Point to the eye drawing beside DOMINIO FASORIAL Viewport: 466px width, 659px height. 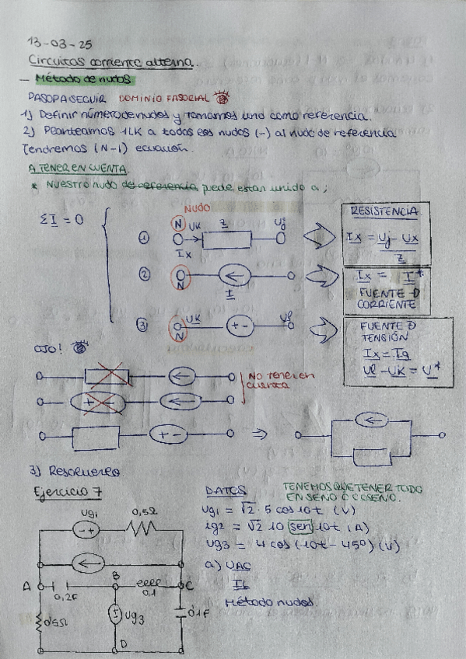coord(224,99)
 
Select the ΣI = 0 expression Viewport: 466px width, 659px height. coord(61,220)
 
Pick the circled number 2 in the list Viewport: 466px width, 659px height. coord(143,274)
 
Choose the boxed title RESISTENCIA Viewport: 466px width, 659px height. coord(385,211)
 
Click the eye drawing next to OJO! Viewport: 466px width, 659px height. coord(79,349)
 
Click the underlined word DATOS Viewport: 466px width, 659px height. coord(226,491)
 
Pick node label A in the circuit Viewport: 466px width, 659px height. coord(29,585)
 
